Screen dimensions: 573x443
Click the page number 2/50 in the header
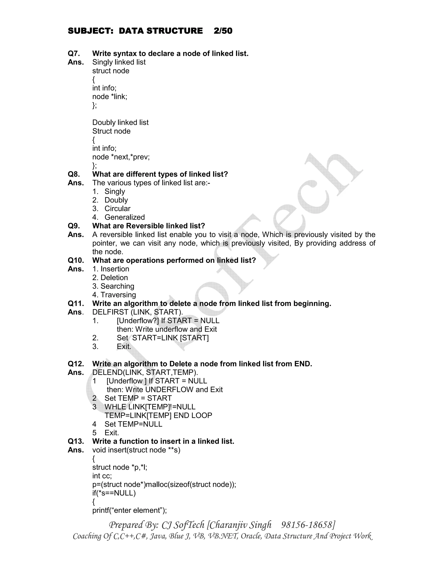coord(223,31)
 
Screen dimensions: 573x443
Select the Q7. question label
coord(74,54)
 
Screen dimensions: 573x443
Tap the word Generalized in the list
coord(125,217)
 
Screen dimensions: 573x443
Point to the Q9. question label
coord(74,226)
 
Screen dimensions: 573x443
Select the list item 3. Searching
coord(113,286)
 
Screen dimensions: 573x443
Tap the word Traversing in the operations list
coord(118,295)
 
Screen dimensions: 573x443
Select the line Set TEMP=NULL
coord(133,424)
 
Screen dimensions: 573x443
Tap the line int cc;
coord(102,476)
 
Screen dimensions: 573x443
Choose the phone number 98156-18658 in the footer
coord(308,525)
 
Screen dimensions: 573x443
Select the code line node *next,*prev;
coord(121,157)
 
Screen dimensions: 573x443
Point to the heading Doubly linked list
coord(120,123)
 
